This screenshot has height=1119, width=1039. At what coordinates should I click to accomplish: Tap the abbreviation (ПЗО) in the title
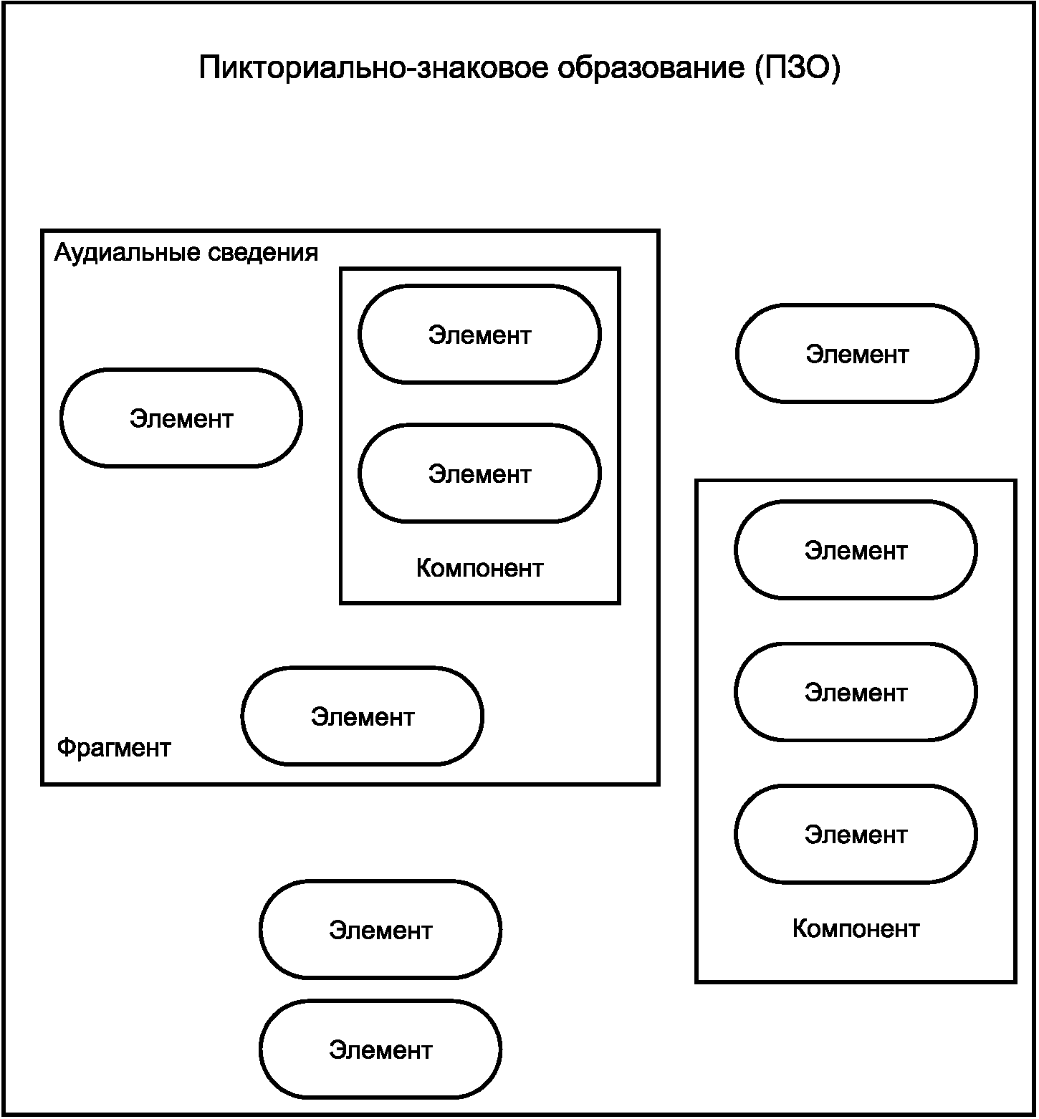pos(797,69)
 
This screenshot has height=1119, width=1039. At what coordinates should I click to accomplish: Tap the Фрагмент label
pos(114,748)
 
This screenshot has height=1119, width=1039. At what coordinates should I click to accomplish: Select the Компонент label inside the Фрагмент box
pos(480,568)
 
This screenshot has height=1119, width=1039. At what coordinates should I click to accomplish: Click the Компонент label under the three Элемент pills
pos(856,928)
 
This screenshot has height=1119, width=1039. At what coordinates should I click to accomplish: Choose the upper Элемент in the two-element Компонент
pos(480,335)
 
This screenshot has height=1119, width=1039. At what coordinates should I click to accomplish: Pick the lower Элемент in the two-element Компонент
pos(480,474)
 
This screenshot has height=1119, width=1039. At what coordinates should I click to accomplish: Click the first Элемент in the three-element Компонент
pos(856,550)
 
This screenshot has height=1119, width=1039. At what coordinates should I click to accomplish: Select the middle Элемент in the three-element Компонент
pos(856,692)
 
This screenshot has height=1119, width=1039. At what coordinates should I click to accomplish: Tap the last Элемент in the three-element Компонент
pos(856,834)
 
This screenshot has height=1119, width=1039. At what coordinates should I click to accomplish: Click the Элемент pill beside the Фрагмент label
pos(363,716)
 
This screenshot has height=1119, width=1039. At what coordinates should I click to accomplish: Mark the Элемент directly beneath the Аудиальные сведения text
pos(181,418)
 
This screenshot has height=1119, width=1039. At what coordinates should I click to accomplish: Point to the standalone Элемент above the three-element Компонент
pos(857,354)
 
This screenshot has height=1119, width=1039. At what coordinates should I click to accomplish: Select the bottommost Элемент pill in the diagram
pos(380,1050)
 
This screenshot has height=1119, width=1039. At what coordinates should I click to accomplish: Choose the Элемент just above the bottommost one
pos(380,930)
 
